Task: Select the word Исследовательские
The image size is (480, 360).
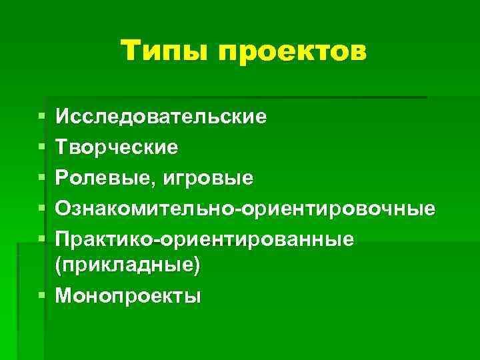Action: [x=161, y=117]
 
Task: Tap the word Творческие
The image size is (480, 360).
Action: [x=117, y=147]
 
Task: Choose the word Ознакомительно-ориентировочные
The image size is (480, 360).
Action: [x=245, y=209]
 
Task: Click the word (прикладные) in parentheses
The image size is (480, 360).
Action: [x=127, y=264]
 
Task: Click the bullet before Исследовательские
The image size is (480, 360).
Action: [x=42, y=117]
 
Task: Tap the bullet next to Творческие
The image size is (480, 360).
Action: [x=42, y=147]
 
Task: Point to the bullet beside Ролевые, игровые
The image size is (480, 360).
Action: [x=42, y=178]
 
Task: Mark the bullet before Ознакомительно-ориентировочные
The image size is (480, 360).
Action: [x=42, y=209]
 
